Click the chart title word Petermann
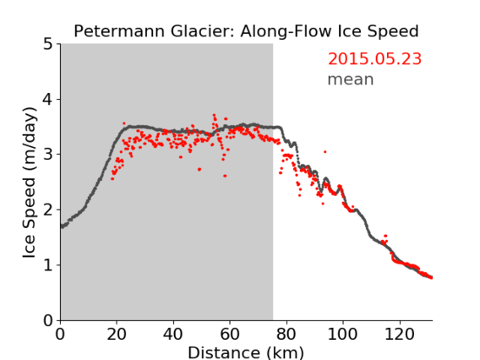pyautogui.click(x=120, y=31)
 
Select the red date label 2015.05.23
pyautogui.click(x=374, y=59)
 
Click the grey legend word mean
pyautogui.click(x=351, y=79)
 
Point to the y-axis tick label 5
pyautogui.click(x=48, y=45)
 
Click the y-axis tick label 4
pyautogui.click(x=48, y=100)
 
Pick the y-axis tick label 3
pyautogui.click(x=48, y=155)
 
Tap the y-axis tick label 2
pyautogui.click(x=48, y=210)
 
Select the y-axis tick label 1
pyautogui.click(x=48, y=265)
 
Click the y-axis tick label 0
pyautogui.click(x=48, y=320)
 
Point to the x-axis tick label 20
pyautogui.click(x=117, y=334)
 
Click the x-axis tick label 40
pyautogui.click(x=173, y=334)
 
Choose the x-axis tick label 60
pyautogui.click(x=230, y=334)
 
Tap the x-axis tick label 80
pyautogui.click(x=286, y=334)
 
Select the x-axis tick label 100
pyautogui.click(x=342, y=334)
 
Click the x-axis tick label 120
pyautogui.click(x=399, y=334)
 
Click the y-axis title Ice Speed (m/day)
pyautogui.click(x=30, y=183)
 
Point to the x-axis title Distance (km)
pyautogui.click(x=246, y=353)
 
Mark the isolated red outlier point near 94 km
pyautogui.click(x=325, y=152)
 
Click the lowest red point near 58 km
pyautogui.click(x=225, y=176)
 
